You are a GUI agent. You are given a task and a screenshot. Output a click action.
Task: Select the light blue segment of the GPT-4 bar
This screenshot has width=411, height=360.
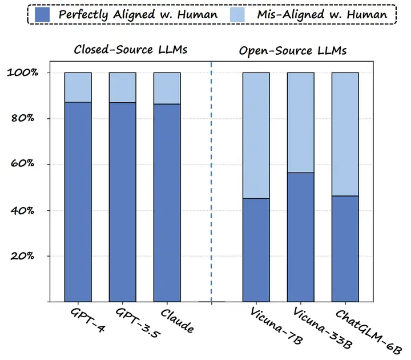(x=78, y=87)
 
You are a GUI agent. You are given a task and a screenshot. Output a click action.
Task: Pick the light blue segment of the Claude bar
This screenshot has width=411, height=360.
(x=167, y=88)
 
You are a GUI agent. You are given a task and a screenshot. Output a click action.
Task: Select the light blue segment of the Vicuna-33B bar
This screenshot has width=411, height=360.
(x=300, y=122)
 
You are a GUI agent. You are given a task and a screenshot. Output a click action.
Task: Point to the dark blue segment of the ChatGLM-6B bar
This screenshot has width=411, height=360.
(x=345, y=249)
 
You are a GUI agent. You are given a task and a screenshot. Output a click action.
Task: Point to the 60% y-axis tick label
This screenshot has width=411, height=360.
(x=24, y=165)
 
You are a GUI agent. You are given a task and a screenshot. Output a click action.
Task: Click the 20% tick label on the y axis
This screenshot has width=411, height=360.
(x=24, y=256)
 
